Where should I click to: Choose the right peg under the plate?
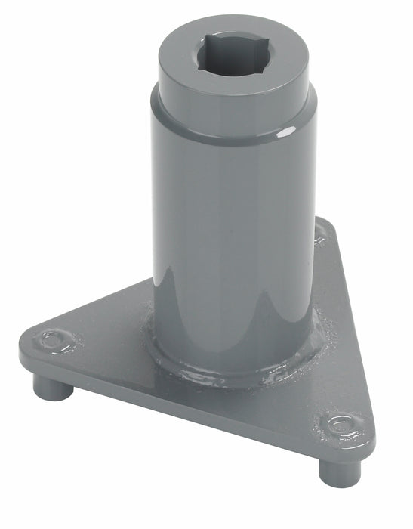331,472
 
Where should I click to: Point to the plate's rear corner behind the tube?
322,230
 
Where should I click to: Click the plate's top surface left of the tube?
113,333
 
